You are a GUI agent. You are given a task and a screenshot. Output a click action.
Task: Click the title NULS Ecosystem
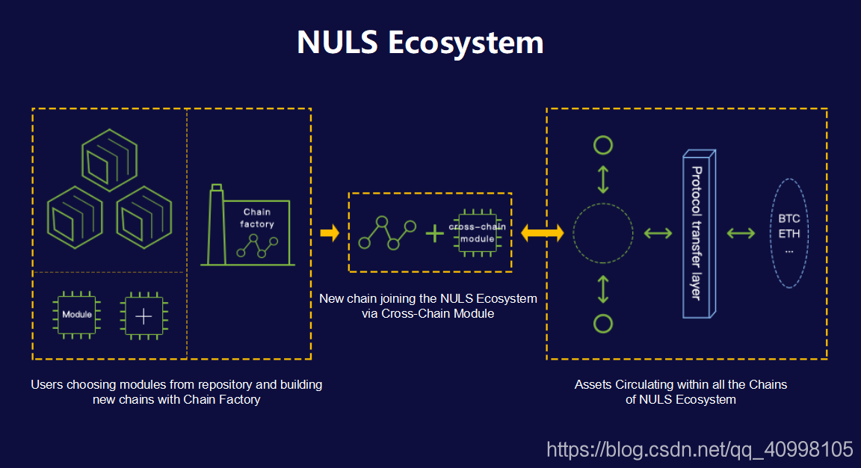click(x=420, y=42)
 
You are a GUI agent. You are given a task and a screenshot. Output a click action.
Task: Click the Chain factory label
click(x=256, y=218)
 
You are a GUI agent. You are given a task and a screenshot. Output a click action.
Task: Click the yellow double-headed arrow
click(x=542, y=234)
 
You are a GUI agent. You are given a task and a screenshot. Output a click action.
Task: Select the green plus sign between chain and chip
click(x=434, y=234)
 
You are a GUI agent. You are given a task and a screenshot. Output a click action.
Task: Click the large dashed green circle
click(x=602, y=234)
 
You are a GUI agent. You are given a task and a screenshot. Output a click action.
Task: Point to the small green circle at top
click(x=602, y=145)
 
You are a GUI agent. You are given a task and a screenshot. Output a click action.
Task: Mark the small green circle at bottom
click(x=602, y=323)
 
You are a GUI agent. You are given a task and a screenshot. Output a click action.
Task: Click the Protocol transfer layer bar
click(x=697, y=233)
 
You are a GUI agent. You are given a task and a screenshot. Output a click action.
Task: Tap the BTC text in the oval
click(x=789, y=219)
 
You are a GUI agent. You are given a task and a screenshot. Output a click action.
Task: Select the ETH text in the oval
click(x=789, y=234)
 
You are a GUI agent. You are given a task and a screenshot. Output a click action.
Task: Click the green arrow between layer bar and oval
click(x=741, y=234)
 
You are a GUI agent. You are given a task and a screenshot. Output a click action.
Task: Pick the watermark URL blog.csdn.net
click(x=700, y=449)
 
